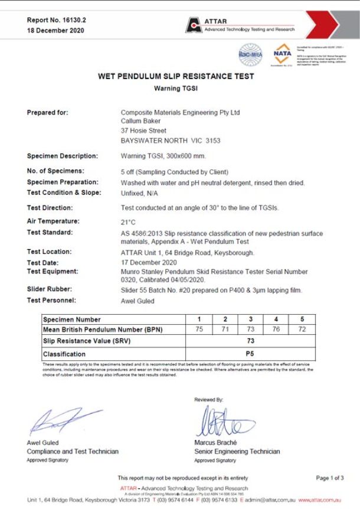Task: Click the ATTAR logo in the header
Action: click(194, 25)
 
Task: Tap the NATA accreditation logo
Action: click(282, 54)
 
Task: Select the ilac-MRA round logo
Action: click(250, 54)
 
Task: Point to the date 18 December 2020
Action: click(55, 31)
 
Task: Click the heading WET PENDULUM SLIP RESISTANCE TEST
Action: click(176, 77)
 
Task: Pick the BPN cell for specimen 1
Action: click(199, 329)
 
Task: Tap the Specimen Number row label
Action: click(72, 319)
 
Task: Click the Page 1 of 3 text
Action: click(330, 478)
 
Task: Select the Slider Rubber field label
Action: click(51, 290)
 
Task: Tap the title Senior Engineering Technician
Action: click(237, 452)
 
